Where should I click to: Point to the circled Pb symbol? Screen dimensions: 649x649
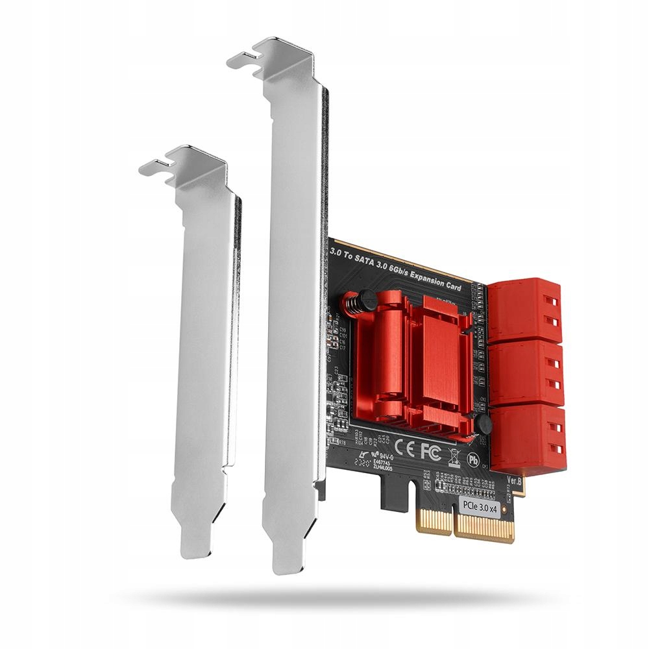(x=474, y=459)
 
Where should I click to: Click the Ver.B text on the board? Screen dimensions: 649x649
(x=513, y=482)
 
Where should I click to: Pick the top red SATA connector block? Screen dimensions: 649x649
(x=524, y=310)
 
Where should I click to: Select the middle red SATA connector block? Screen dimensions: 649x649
(x=526, y=373)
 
